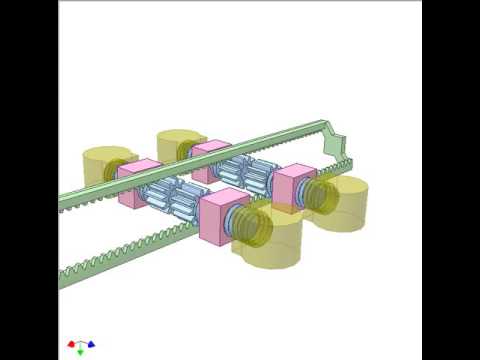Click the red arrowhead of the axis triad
coord(70,344)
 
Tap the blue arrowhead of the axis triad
coord(92,344)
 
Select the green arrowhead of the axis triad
coord(81,353)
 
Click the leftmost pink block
coord(139,183)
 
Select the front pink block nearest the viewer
coord(224,217)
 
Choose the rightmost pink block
coord(293,186)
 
